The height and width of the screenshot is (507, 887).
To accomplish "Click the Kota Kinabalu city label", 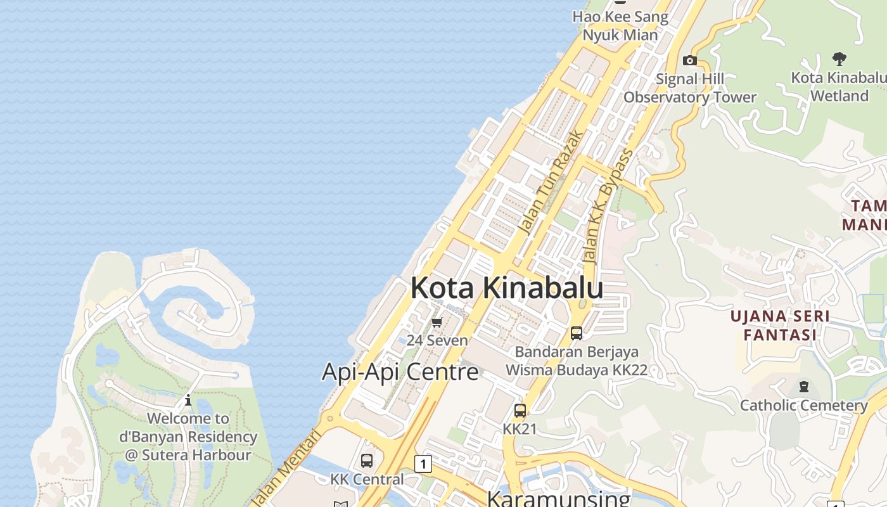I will [506, 288].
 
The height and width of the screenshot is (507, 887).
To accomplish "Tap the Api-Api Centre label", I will [400, 371].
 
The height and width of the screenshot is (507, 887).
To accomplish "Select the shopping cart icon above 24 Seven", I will [437, 323].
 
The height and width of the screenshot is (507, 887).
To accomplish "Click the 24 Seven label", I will [437, 340].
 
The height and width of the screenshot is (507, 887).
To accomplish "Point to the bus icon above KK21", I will [520, 411].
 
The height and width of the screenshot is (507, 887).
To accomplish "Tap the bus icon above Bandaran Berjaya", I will [577, 333].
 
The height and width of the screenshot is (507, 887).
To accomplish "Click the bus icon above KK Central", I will [367, 461].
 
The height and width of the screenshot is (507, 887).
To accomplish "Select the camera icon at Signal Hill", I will [690, 61].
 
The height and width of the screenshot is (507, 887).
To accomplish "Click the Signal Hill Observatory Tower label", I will [690, 88].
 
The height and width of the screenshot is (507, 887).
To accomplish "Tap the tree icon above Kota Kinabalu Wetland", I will [839, 60].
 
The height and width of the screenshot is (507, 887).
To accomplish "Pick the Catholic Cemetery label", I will [803, 405].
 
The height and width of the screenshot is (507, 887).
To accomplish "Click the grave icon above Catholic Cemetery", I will [804, 387].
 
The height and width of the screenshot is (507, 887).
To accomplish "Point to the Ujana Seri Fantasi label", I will [780, 325].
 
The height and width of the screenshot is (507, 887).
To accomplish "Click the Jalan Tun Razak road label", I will [549, 181].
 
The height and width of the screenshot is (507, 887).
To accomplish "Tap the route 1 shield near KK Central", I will [423, 464].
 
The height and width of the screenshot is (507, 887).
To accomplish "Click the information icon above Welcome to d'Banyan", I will [188, 401].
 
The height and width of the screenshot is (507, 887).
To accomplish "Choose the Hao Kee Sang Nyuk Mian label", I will [620, 25].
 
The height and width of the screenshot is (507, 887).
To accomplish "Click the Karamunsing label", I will [558, 498].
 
